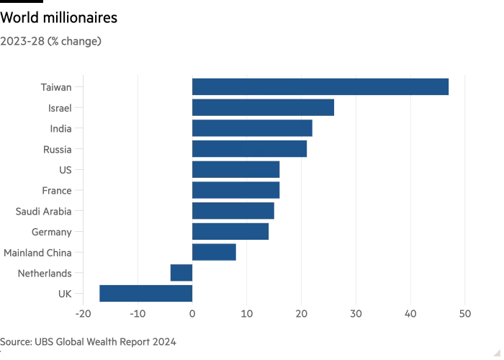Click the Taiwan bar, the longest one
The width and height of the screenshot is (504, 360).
click(320, 87)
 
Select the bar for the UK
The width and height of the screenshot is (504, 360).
click(145, 294)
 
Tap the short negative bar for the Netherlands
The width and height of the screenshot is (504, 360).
click(181, 273)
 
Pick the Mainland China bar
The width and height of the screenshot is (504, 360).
click(214, 252)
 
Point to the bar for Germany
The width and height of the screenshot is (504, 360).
click(230, 232)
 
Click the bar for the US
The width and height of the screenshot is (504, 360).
click(235, 170)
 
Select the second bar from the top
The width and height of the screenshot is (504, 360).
click(263, 108)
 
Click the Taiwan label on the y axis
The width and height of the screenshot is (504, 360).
click(58, 88)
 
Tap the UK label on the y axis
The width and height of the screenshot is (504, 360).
click(66, 294)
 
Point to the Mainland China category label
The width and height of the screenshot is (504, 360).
click(44, 253)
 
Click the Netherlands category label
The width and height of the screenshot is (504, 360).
click(48, 274)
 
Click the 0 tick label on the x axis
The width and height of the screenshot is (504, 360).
click(192, 314)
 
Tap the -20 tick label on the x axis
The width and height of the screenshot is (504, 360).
click(83, 314)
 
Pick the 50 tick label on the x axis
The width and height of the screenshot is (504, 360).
click(465, 314)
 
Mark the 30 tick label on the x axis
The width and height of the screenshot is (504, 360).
click(356, 314)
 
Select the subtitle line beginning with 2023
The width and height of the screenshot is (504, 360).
click(50, 42)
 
